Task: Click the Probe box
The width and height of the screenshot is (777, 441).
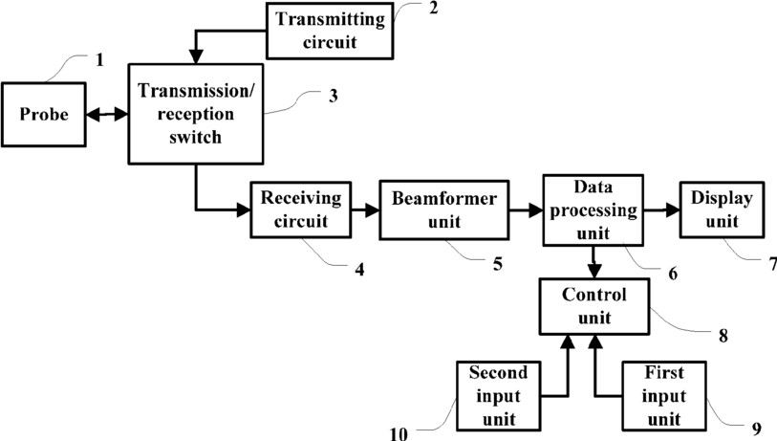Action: pyautogui.click(x=44, y=115)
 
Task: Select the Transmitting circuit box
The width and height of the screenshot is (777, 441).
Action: pyautogui.click(x=330, y=31)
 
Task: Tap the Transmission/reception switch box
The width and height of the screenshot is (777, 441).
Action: pyautogui.click(x=196, y=114)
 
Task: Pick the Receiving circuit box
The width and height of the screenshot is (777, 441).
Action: pyautogui.click(x=301, y=209)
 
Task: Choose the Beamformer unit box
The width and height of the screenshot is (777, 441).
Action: pyautogui.click(x=444, y=209)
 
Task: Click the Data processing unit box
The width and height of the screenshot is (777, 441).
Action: pyautogui.click(x=594, y=210)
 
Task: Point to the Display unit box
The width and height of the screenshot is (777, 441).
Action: pyautogui.click(x=722, y=209)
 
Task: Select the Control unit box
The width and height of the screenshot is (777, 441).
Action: pyautogui.click(x=594, y=306)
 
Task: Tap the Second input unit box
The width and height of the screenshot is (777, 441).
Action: pyautogui.click(x=498, y=396)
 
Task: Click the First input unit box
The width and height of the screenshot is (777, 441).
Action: pyautogui.click(x=664, y=396)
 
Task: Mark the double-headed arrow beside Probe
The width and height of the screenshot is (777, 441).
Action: pyautogui.click(x=107, y=115)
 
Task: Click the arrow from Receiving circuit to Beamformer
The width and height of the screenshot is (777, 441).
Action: pyautogui.click(x=365, y=210)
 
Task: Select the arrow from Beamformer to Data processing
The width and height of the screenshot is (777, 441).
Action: pyautogui.click(x=526, y=210)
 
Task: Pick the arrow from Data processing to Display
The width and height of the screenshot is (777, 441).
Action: pyautogui.click(x=661, y=210)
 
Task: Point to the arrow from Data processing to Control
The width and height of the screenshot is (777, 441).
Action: pyautogui.click(x=594, y=262)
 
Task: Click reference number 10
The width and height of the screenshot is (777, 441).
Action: pyautogui.click(x=399, y=434)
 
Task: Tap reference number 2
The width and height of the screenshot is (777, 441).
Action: pyautogui.click(x=434, y=8)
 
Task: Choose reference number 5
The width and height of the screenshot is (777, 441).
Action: pyautogui.click(x=498, y=264)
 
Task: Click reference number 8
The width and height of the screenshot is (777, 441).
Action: pyautogui.click(x=723, y=336)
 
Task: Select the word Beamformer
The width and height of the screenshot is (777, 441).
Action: pyautogui.click(x=444, y=198)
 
